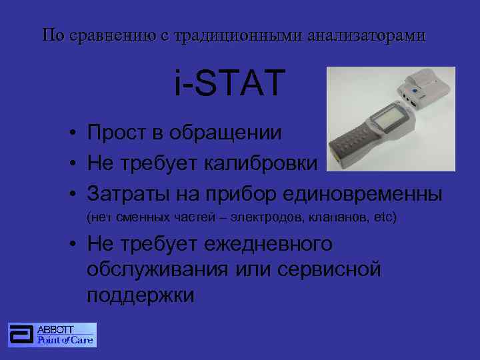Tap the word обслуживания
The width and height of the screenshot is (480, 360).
158,269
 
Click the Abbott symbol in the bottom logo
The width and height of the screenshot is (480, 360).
21,335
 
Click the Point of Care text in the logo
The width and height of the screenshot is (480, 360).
65,340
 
